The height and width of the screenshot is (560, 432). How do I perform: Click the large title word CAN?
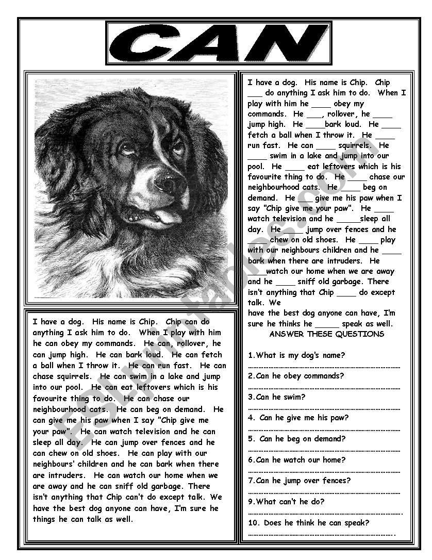click(x=219, y=43)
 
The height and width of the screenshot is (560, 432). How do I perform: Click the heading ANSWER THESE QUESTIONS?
click(x=326, y=334)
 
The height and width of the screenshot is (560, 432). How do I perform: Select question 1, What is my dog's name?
click(x=296, y=355)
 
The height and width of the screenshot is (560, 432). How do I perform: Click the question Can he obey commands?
click(x=296, y=376)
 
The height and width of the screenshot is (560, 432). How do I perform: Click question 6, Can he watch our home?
click(x=296, y=460)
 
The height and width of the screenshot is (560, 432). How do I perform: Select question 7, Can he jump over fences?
click(x=299, y=481)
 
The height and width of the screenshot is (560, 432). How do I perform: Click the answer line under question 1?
click(x=324, y=367)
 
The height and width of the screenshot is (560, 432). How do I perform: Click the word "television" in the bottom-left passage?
click(x=151, y=432)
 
